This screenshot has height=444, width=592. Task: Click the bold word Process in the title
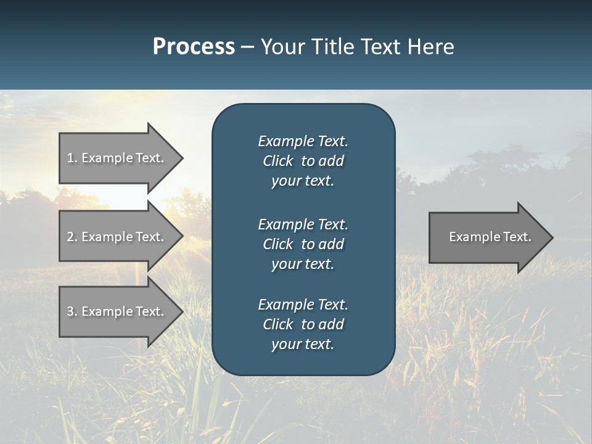click(x=194, y=47)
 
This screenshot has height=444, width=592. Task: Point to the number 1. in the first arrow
click(x=72, y=158)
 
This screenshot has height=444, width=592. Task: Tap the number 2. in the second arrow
click(x=72, y=237)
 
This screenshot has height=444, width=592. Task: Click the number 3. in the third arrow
click(x=72, y=311)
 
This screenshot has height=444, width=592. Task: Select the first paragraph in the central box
click(x=303, y=161)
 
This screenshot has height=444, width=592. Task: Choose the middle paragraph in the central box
click(x=303, y=244)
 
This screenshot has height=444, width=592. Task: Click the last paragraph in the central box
click(x=303, y=324)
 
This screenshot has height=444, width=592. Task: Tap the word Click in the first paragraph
click(x=277, y=161)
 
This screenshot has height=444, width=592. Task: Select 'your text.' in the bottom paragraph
click(x=303, y=344)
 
